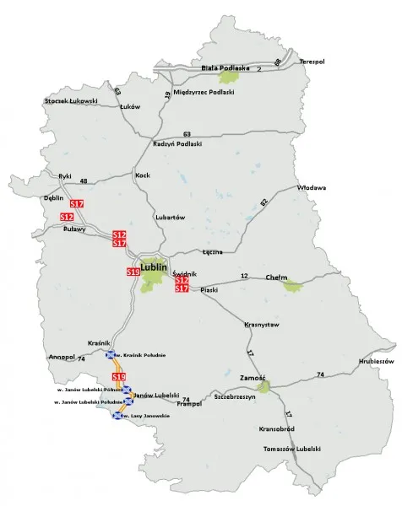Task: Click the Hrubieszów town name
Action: (377, 360)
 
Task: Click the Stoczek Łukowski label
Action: (71, 102)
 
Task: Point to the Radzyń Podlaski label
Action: (177, 144)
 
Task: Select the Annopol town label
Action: (62, 357)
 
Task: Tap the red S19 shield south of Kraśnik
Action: (119, 376)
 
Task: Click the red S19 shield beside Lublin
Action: (133, 272)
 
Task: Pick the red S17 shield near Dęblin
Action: (77, 204)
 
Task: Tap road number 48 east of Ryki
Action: (84, 181)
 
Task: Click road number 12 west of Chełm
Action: (244, 277)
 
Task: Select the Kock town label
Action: (142, 175)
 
